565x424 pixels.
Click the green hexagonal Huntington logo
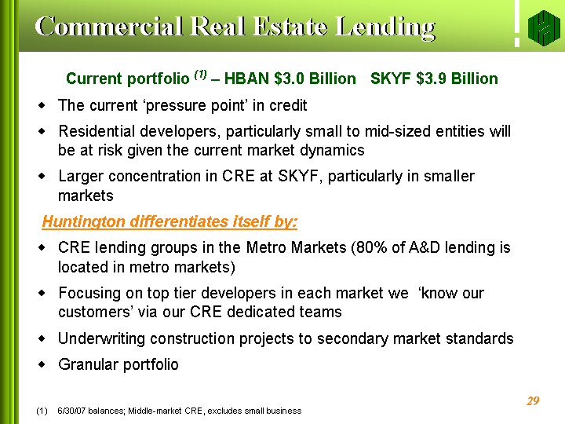(544, 27)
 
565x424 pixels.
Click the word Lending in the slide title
(385, 27)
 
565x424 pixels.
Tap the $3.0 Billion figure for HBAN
(315, 79)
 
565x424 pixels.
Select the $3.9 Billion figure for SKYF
(457, 79)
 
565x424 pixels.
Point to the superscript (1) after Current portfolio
(200, 75)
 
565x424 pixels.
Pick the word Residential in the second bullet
(97, 131)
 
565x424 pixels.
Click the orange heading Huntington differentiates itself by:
(169, 221)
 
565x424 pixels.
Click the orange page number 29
(533, 400)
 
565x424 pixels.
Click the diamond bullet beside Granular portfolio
(42, 364)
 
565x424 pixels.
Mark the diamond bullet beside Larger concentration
(42, 177)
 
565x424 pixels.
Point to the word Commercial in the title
(109, 27)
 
